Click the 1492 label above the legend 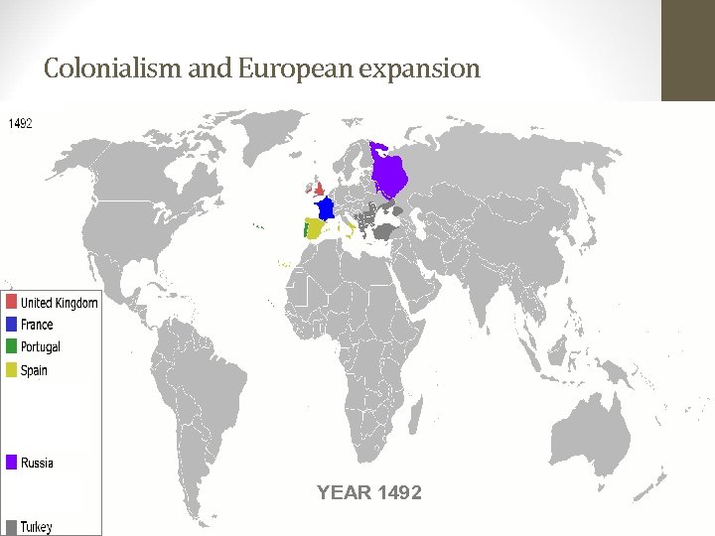[x=21, y=124]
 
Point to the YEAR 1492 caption [x=368, y=492]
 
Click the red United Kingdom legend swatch [x=11, y=302]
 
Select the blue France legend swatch [x=11, y=325]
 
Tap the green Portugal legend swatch [x=11, y=346]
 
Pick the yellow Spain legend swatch [x=11, y=370]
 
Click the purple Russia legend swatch [x=11, y=463]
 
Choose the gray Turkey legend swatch [x=11, y=526]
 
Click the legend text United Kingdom [x=60, y=303]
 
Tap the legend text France [x=37, y=325]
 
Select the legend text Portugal [x=41, y=347]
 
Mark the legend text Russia [x=38, y=463]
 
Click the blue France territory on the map [x=324, y=209]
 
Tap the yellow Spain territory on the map [x=315, y=229]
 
